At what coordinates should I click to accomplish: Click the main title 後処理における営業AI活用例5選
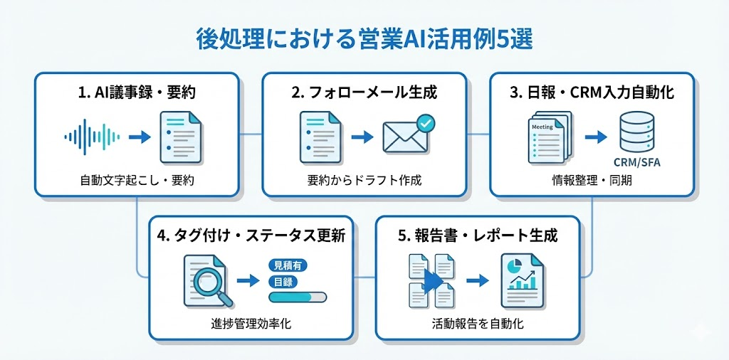[x=364, y=39]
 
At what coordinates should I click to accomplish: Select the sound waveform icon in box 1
[x=93, y=136]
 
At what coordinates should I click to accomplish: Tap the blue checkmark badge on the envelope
[x=426, y=123]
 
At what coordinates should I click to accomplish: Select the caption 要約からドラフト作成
[x=364, y=180]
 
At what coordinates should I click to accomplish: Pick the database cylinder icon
[x=636, y=132]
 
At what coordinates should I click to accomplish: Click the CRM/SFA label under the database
[x=636, y=162]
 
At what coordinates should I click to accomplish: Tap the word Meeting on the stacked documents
[x=543, y=126]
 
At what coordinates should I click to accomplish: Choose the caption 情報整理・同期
[x=592, y=180]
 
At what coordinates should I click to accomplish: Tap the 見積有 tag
[x=287, y=265]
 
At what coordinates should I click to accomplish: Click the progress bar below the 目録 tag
[x=298, y=297]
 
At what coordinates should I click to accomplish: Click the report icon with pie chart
[x=522, y=279]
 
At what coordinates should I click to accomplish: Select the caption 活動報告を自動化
[x=478, y=324]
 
